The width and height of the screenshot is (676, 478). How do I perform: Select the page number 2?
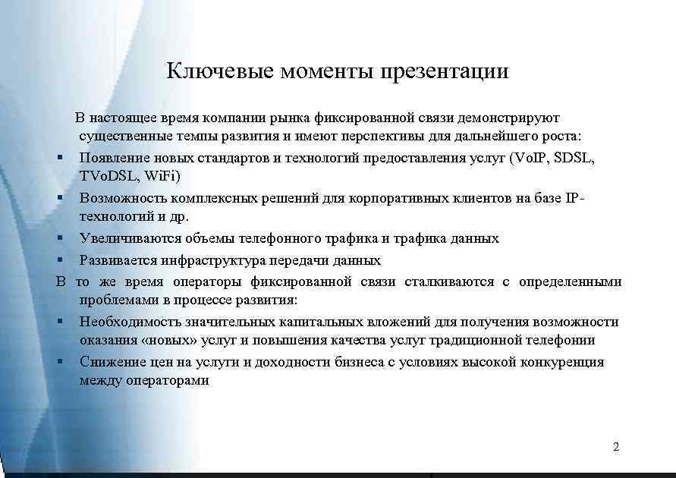coord(615,447)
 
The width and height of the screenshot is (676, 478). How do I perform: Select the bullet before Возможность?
coord(60,198)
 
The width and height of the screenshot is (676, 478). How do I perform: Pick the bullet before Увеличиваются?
coord(60,238)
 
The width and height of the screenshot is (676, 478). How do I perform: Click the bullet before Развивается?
coord(60,260)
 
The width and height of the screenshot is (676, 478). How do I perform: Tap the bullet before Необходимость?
coord(60,321)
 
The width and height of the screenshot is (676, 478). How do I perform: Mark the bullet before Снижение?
coord(60,362)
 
